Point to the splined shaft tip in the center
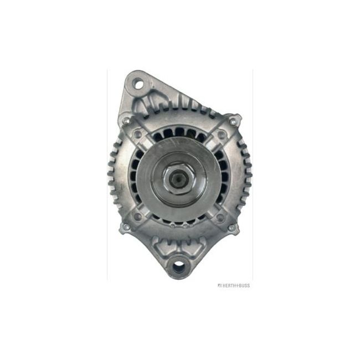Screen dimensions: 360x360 click(x=178, y=177)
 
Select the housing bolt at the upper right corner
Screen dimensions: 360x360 click(x=233, y=121)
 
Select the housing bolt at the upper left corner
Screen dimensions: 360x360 click(x=127, y=121)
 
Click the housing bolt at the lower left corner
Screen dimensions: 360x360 click(x=126, y=227)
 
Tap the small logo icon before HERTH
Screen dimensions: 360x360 click(x=219, y=285)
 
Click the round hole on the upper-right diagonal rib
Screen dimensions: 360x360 click(x=222, y=135)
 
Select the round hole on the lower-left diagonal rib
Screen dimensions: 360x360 click(x=137, y=217)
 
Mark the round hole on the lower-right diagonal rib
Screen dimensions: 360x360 click(x=221, y=218)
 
